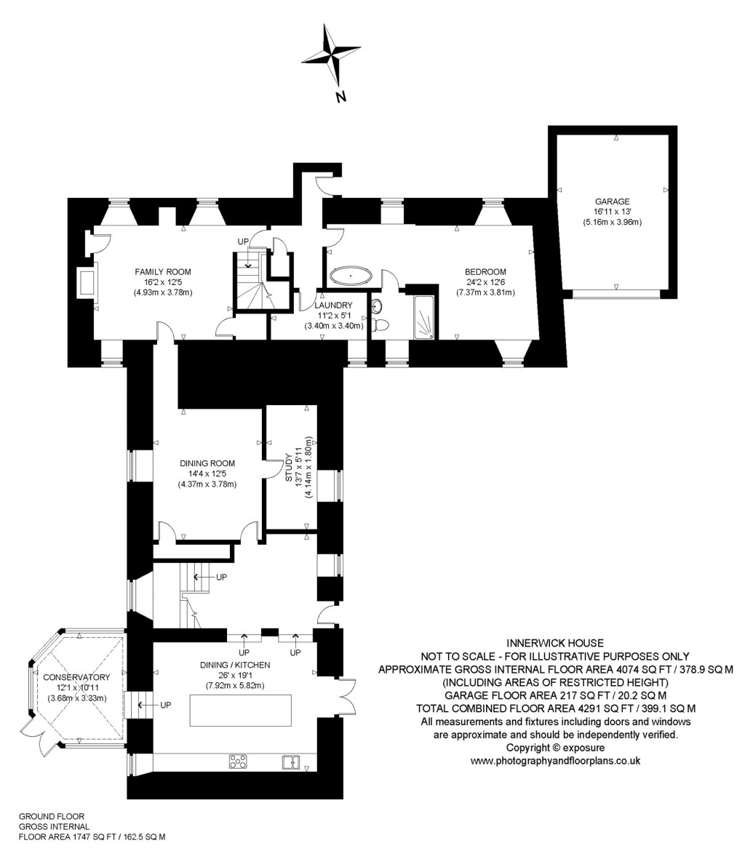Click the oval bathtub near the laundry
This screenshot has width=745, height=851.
351,276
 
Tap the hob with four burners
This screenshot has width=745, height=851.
238,762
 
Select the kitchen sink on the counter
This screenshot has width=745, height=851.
292,762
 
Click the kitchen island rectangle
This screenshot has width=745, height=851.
240,710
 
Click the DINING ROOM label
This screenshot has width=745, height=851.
207,463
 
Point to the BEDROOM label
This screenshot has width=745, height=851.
485,272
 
